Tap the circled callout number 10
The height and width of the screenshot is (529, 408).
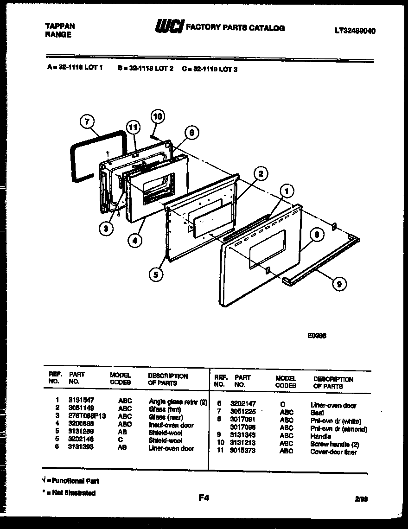[158, 116]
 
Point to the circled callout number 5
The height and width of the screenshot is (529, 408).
[156, 274]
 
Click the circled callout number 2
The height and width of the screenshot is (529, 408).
[261, 174]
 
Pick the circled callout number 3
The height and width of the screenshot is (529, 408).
[106, 228]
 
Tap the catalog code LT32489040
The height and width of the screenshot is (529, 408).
[355, 31]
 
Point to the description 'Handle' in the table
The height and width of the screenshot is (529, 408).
[320, 436]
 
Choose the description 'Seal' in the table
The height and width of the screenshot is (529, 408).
[317, 413]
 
